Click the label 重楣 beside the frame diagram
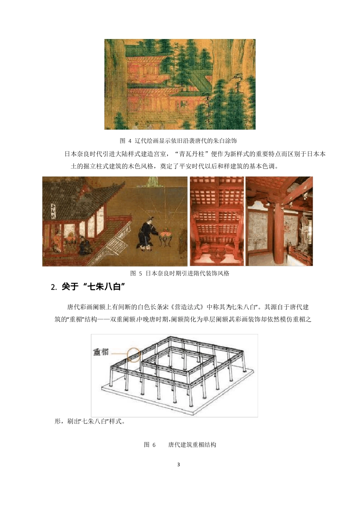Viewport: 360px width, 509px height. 101,352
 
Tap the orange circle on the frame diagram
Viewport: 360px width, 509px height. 134,355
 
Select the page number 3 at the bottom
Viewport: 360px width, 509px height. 178,464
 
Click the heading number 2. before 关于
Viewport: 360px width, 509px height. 54,287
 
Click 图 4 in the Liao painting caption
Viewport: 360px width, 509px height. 125,141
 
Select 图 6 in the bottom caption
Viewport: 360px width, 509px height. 150,445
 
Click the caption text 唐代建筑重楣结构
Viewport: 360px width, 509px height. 192,445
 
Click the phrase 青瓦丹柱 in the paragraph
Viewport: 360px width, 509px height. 193,154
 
